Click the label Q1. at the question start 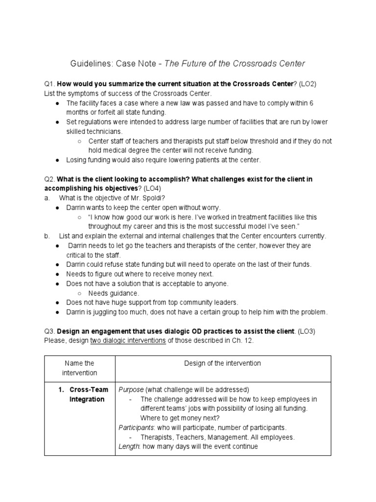pyautogui.click(x=49, y=84)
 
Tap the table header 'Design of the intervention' pyautogui.click(x=222, y=364)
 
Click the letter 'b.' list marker pyautogui.click(x=47, y=236)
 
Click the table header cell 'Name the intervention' pyautogui.click(x=79, y=368)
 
